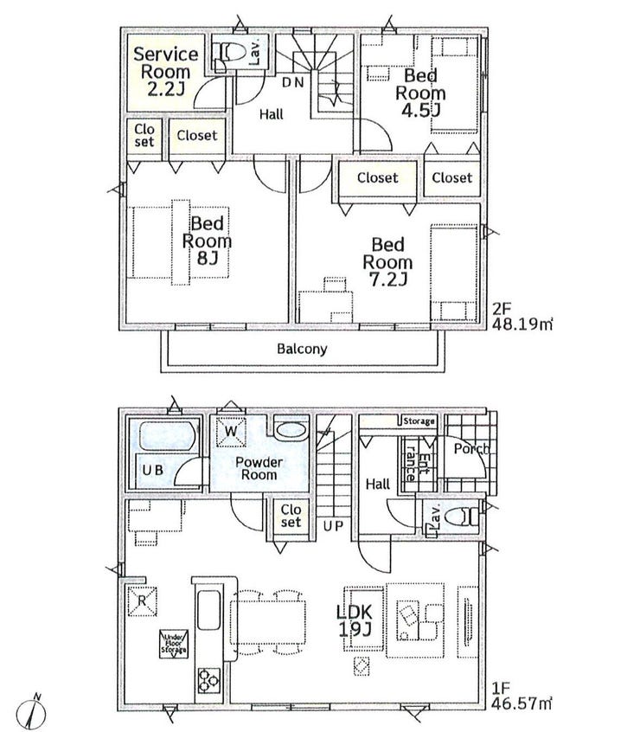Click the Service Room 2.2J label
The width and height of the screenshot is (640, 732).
click(166, 72)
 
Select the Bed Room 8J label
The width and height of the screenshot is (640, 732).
click(207, 241)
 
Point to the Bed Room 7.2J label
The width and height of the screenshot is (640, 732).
click(387, 261)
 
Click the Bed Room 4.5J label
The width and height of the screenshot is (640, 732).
click(421, 93)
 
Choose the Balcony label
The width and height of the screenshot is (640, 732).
click(302, 349)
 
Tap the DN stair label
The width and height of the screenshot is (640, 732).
click(293, 82)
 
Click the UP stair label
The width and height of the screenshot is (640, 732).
click(333, 526)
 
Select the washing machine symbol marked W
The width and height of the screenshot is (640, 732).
click(232, 431)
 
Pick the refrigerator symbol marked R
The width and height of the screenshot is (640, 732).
click(142, 600)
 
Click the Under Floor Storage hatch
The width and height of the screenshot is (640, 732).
click(174, 645)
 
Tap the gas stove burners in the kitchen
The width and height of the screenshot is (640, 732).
click(208, 680)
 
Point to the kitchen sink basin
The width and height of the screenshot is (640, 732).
click(208, 610)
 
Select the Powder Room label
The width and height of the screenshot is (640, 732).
click(259, 468)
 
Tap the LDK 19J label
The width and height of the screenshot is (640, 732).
click(355, 620)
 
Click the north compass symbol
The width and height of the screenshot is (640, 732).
click(31, 712)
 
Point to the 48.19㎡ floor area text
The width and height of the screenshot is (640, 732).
click(522, 324)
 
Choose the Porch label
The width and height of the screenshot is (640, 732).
click(471, 449)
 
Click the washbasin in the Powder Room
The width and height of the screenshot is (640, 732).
click(291, 430)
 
